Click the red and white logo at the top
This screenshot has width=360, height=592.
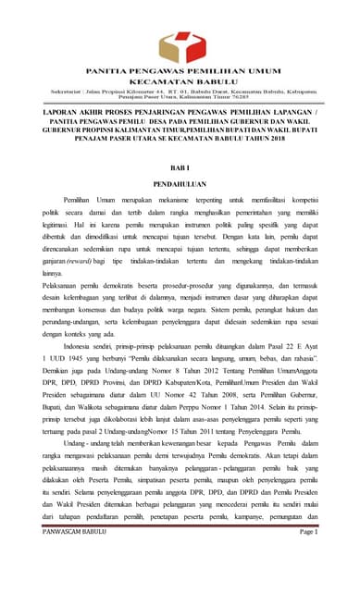click(x=180, y=43)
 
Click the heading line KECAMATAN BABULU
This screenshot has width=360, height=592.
click(x=180, y=80)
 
